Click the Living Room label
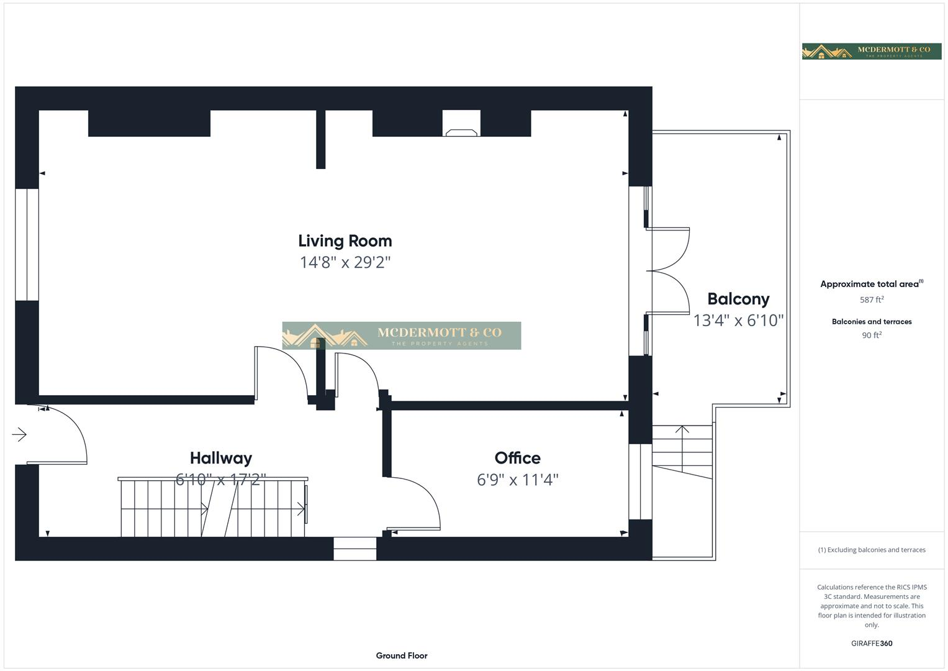[345, 241]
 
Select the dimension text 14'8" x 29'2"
[345, 262]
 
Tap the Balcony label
[738, 299]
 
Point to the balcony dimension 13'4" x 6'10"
[738, 320]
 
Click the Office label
[517, 458]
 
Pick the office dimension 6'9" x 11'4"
[517, 480]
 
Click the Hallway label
[220, 458]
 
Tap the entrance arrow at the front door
[20, 434]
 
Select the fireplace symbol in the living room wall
[461, 131]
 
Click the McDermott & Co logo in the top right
[872, 51]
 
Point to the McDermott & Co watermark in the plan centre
[401, 335]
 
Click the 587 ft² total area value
[872, 299]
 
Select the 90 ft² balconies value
[872, 335]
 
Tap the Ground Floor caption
[401, 655]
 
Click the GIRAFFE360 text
[872, 643]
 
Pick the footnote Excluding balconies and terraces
[872, 550]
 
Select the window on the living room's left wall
[27, 244]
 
